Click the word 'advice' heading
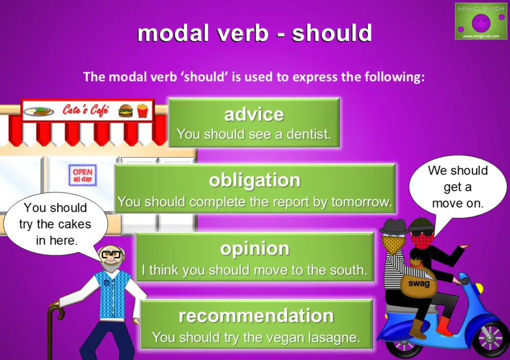click(254, 114)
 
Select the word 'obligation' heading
click(254, 180)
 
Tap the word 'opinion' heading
click(254, 248)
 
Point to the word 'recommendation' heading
click(256, 316)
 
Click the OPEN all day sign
click(82, 175)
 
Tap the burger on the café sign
click(125, 110)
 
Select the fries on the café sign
click(142, 110)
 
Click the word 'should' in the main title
click(331, 34)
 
